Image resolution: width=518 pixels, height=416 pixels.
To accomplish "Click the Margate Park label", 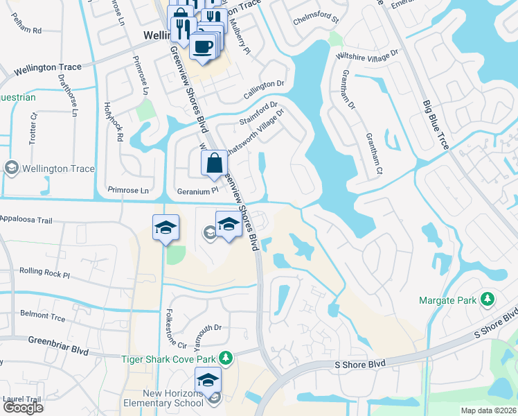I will [x=447, y=300].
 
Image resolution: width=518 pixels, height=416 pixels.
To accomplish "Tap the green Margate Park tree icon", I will [x=488, y=300].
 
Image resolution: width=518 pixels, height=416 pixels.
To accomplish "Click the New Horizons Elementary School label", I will [x=163, y=397].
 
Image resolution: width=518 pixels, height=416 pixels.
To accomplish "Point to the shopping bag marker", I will [x=214, y=165].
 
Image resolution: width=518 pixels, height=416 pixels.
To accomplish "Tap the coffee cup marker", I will [x=202, y=47].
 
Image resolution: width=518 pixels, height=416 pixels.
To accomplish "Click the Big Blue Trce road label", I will [x=436, y=125].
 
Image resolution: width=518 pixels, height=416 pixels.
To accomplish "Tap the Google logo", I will [x=23, y=407].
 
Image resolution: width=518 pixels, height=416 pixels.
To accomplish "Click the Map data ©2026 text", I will [x=488, y=410].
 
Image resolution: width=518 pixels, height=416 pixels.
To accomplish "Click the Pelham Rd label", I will [x=28, y=31].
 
